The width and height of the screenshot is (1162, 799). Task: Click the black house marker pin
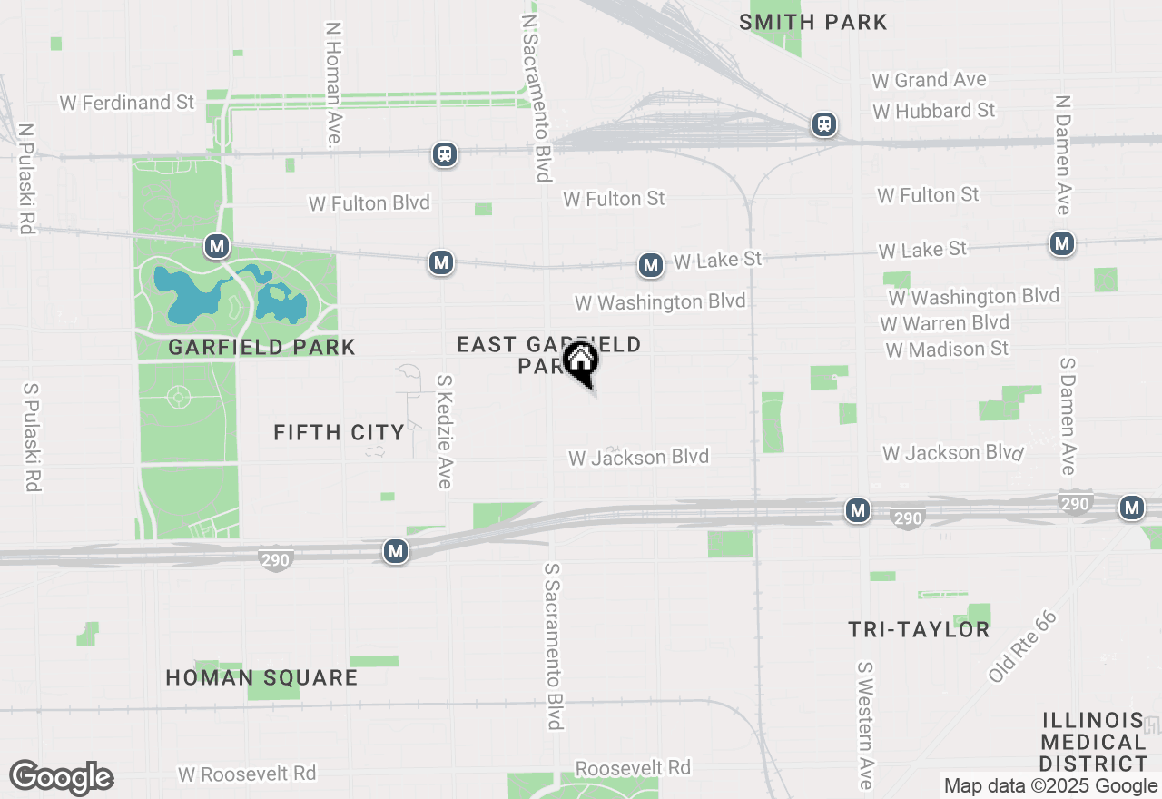[x=580, y=362]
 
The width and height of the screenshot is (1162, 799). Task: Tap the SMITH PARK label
[x=812, y=22]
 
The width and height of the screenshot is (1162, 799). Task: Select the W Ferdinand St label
[x=127, y=103]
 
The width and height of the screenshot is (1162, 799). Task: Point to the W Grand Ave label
[x=929, y=81]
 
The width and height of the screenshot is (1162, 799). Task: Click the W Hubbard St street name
[x=933, y=111]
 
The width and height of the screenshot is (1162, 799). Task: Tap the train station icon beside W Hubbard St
[x=824, y=124]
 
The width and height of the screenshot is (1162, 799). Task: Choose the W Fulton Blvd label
[x=369, y=203]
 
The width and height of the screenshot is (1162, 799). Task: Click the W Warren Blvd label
[x=944, y=323]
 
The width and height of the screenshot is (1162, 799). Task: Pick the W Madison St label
[x=947, y=350]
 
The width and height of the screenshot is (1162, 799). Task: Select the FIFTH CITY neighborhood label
[x=339, y=433]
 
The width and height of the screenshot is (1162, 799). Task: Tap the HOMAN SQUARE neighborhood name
[x=261, y=678]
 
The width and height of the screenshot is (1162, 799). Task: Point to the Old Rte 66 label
[x=1022, y=646]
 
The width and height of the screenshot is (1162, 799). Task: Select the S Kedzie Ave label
[x=443, y=432]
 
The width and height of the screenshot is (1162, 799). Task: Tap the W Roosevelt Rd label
[x=247, y=774]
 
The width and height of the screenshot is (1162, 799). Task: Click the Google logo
[x=62, y=778]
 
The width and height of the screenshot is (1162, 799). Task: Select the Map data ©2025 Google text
[x=1050, y=786]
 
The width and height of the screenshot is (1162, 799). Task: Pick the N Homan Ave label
[x=333, y=84]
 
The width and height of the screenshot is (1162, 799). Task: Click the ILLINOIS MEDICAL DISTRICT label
[x=1093, y=742]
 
